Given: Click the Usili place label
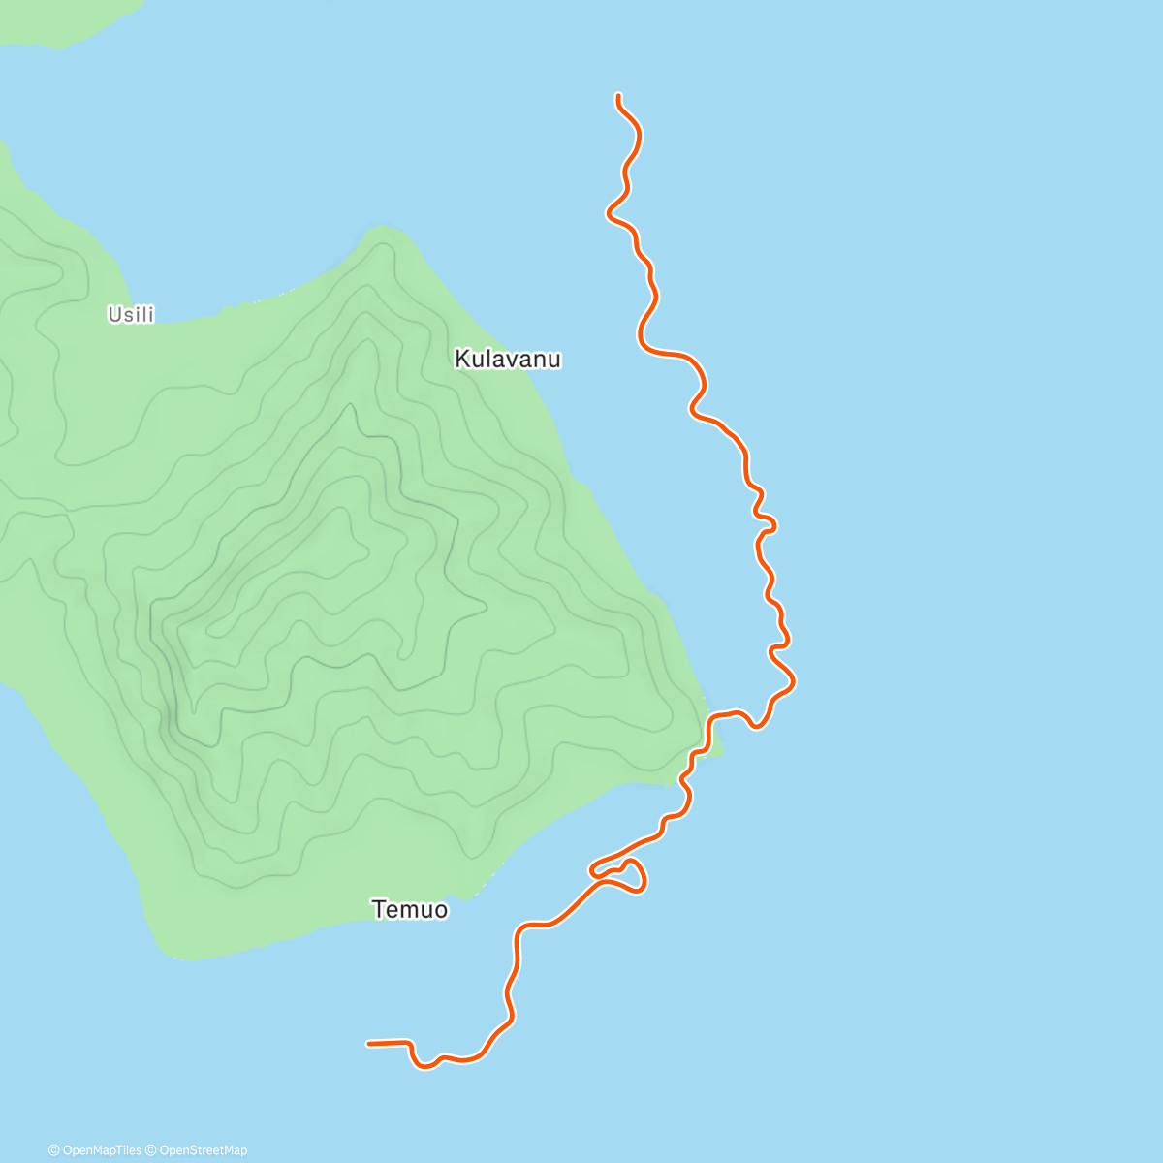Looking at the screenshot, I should coord(131,314).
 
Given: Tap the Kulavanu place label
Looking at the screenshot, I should coord(507,360).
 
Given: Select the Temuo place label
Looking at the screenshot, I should coord(410,909).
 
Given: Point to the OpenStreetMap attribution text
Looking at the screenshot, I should coord(203,1150).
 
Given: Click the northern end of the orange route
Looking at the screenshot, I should coord(617,95).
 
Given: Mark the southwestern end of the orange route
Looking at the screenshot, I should coord(368,1044).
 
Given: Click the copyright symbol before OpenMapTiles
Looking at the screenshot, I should coord(53,1150).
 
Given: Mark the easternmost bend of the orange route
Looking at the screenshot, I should coord(794,681).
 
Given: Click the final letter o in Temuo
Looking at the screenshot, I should coord(441,910).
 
